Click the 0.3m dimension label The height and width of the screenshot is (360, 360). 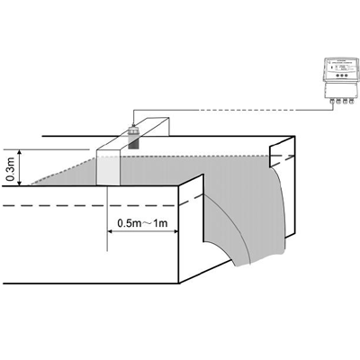[11, 169]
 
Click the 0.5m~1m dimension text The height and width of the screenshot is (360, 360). [142, 223]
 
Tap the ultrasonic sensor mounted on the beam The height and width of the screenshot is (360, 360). [132, 137]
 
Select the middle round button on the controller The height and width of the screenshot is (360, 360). [341, 76]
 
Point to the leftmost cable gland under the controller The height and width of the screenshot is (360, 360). [332, 102]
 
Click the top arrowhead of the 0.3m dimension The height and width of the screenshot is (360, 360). [20, 152]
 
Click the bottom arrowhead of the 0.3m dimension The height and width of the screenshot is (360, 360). [20, 183]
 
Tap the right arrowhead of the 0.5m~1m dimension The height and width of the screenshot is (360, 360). [175, 231]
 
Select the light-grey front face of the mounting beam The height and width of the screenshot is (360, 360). [108, 170]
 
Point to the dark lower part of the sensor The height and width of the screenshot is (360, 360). [132, 143]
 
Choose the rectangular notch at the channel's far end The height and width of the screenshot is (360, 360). [281, 156]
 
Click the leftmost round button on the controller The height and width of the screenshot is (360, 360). [337, 76]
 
